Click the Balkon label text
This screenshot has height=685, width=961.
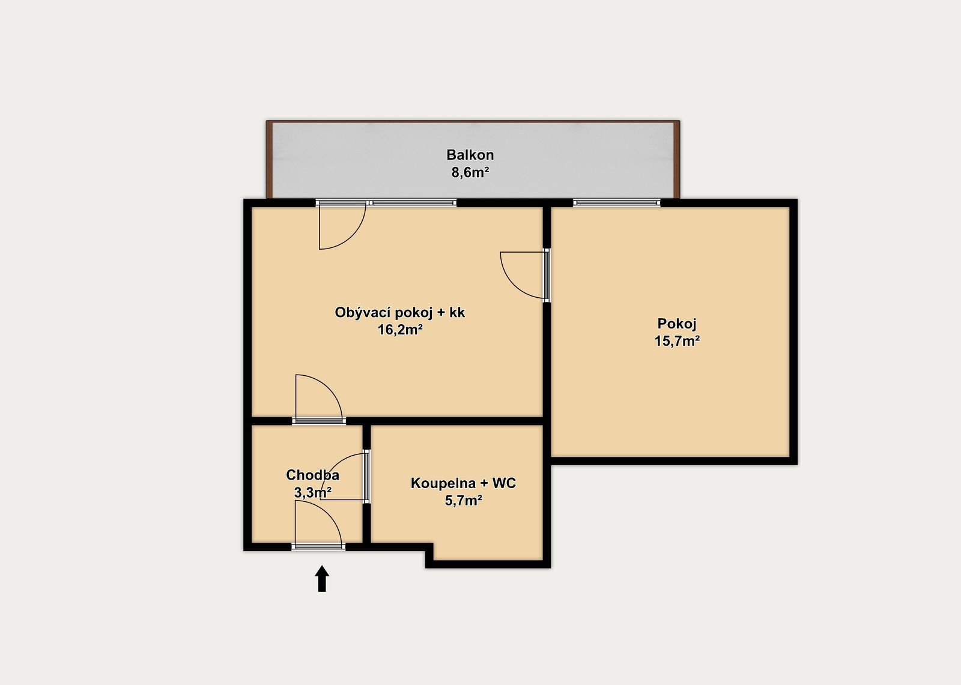coord(470,154)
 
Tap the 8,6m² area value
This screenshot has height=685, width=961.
coord(470,172)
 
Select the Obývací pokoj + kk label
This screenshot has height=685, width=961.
coord(399,313)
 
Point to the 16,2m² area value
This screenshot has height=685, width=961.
coord(400,330)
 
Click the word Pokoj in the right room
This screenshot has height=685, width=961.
coord(677,324)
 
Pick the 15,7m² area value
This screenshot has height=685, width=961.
coord(678,342)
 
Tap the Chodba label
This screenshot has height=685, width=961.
coord(313,475)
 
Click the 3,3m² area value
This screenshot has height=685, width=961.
coord(313,493)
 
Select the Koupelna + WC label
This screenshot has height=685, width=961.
coord(463,483)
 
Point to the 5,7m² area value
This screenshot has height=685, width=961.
coord(463,501)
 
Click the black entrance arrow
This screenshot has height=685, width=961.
coord(322,579)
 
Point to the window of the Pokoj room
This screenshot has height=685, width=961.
coord(616,203)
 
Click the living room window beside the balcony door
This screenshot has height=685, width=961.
coord(414,203)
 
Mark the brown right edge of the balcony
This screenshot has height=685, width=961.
coord(676,160)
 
